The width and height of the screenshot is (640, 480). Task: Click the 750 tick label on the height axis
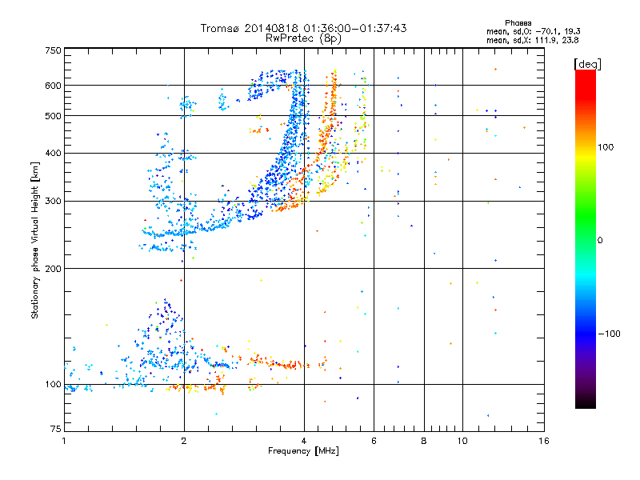[53, 50]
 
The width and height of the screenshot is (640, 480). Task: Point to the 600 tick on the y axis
[53, 86]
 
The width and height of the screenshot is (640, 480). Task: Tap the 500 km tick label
[53, 116]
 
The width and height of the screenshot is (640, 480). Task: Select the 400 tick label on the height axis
[53, 153]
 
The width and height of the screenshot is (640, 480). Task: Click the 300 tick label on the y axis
[53, 201]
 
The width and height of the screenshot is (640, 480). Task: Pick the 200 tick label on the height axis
[53, 269]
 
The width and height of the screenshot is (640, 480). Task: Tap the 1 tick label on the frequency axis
[64, 441]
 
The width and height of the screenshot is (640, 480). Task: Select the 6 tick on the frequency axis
[374, 441]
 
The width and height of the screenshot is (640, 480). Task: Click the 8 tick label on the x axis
[424, 441]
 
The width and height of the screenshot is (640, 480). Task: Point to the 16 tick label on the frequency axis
[543, 441]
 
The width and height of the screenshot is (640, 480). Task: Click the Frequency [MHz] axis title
[303, 452]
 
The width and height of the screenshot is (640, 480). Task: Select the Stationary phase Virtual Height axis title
[35, 241]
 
